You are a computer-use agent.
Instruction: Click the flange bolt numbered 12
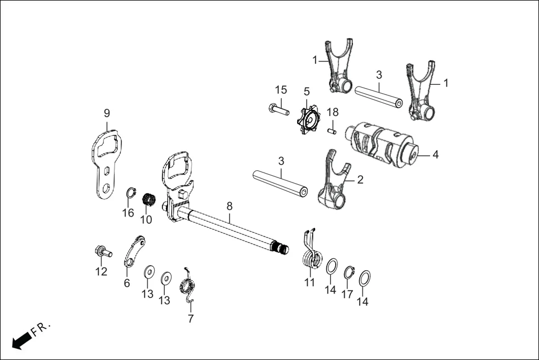[x=102, y=252]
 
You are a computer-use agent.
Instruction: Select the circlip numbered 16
[x=130, y=193]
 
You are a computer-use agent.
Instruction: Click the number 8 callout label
[x=229, y=207]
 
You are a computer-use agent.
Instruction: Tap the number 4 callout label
[x=435, y=155]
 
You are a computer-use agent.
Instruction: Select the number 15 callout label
[x=280, y=90]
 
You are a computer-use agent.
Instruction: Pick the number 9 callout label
[x=107, y=113]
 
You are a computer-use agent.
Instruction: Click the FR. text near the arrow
[x=41, y=328]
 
